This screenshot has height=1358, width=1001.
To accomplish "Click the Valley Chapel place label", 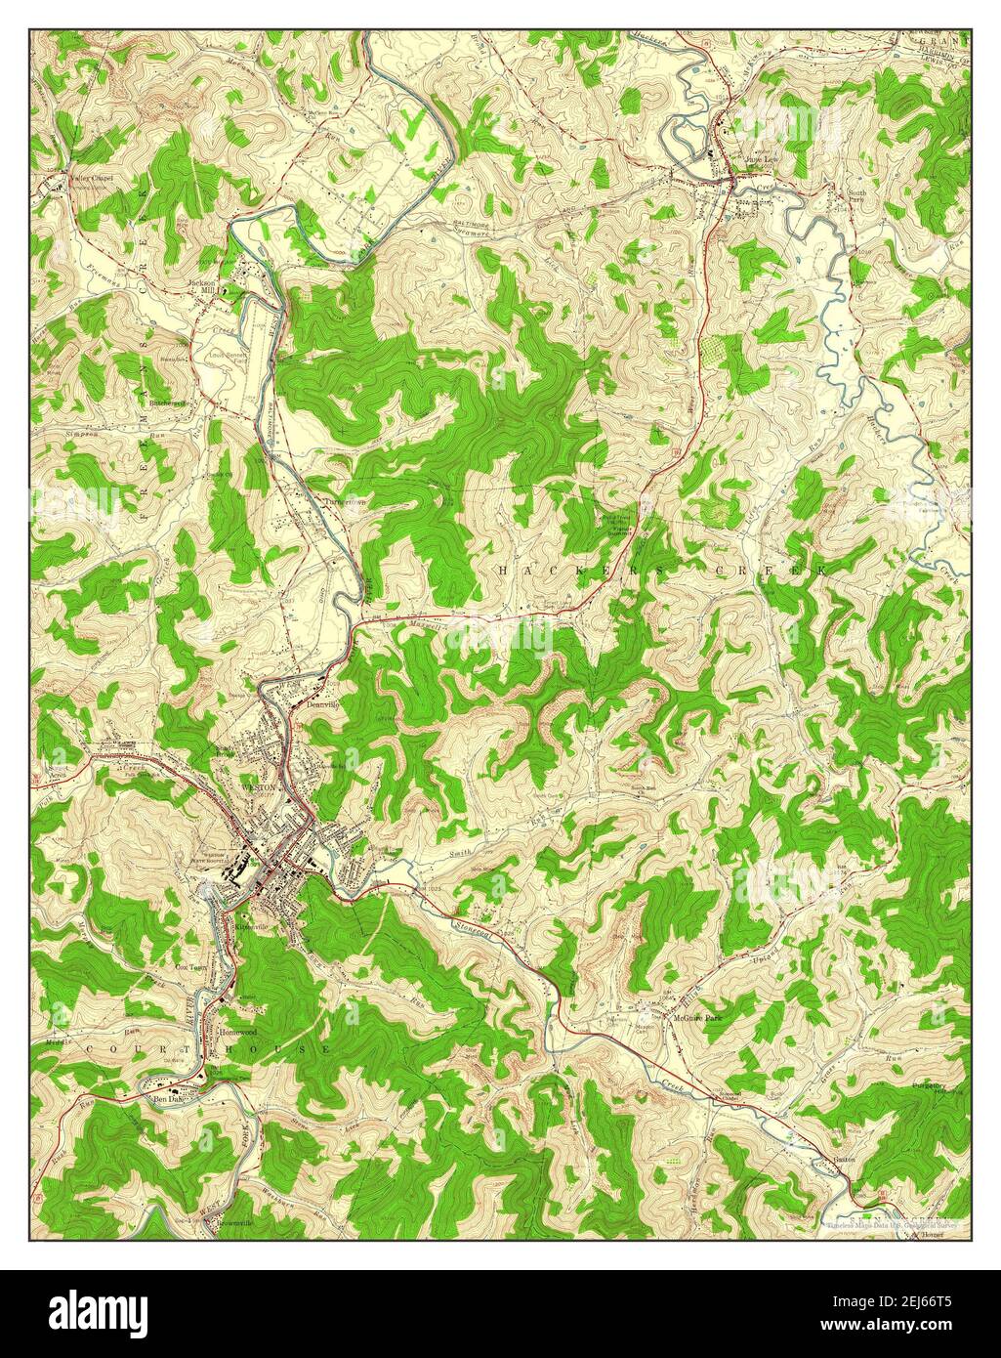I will click(x=90, y=178).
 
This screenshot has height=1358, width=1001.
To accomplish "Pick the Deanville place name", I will click(x=321, y=703).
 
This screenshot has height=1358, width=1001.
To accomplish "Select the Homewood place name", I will click(x=237, y=1032).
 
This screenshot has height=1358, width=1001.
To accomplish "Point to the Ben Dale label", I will click(x=163, y=1099).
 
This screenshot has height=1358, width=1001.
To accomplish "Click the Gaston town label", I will click(x=845, y=1161).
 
